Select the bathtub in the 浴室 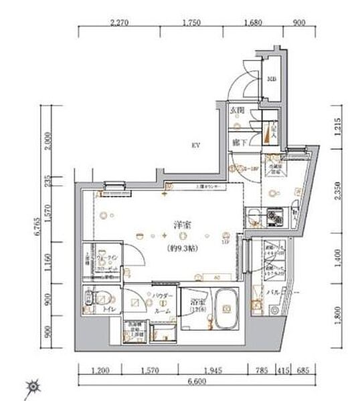point(228,311)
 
